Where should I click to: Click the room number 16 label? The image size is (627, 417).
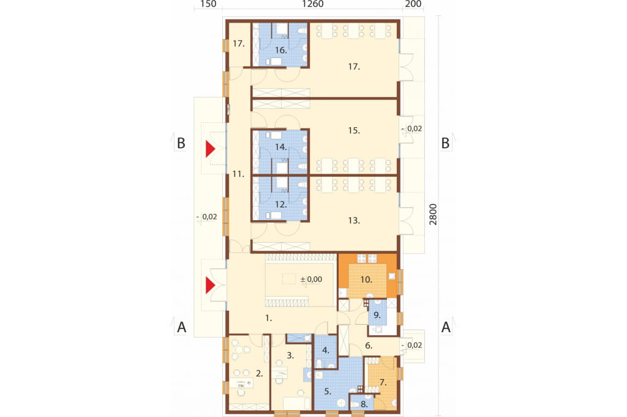(x=280, y=50)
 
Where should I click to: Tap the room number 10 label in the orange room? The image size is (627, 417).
(x=366, y=279)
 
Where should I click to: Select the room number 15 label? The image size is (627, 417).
(x=354, y=131)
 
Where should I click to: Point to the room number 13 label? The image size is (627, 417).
(x=354, y=221)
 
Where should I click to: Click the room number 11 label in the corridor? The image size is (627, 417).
(x=238, y=174)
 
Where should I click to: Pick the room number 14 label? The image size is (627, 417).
(x=280, y=147)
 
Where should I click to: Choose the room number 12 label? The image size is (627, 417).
(x=280, y=204)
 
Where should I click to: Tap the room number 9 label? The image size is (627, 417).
(x=377, y=315)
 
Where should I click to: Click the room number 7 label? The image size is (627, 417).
(x=383, y=383)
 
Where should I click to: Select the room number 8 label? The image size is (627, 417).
(x=364, y=404)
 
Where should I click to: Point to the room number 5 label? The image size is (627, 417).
(x=328, y=391)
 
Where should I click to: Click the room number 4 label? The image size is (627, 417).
(x=326, y=351)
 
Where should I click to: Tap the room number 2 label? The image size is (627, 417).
(x=260, y=374)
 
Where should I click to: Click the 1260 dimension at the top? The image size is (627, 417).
(x=313, y=4)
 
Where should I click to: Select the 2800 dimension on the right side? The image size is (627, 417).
(x=433, y=215)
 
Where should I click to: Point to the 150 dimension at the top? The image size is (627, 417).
(x=208, y=4)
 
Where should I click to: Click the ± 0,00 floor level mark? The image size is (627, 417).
(x=311, y=279)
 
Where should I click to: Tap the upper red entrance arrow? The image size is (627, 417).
(x=211, y=149)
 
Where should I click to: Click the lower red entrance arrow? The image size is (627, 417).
(x=211, y=286)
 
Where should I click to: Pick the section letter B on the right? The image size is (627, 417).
(x=445, y=143)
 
